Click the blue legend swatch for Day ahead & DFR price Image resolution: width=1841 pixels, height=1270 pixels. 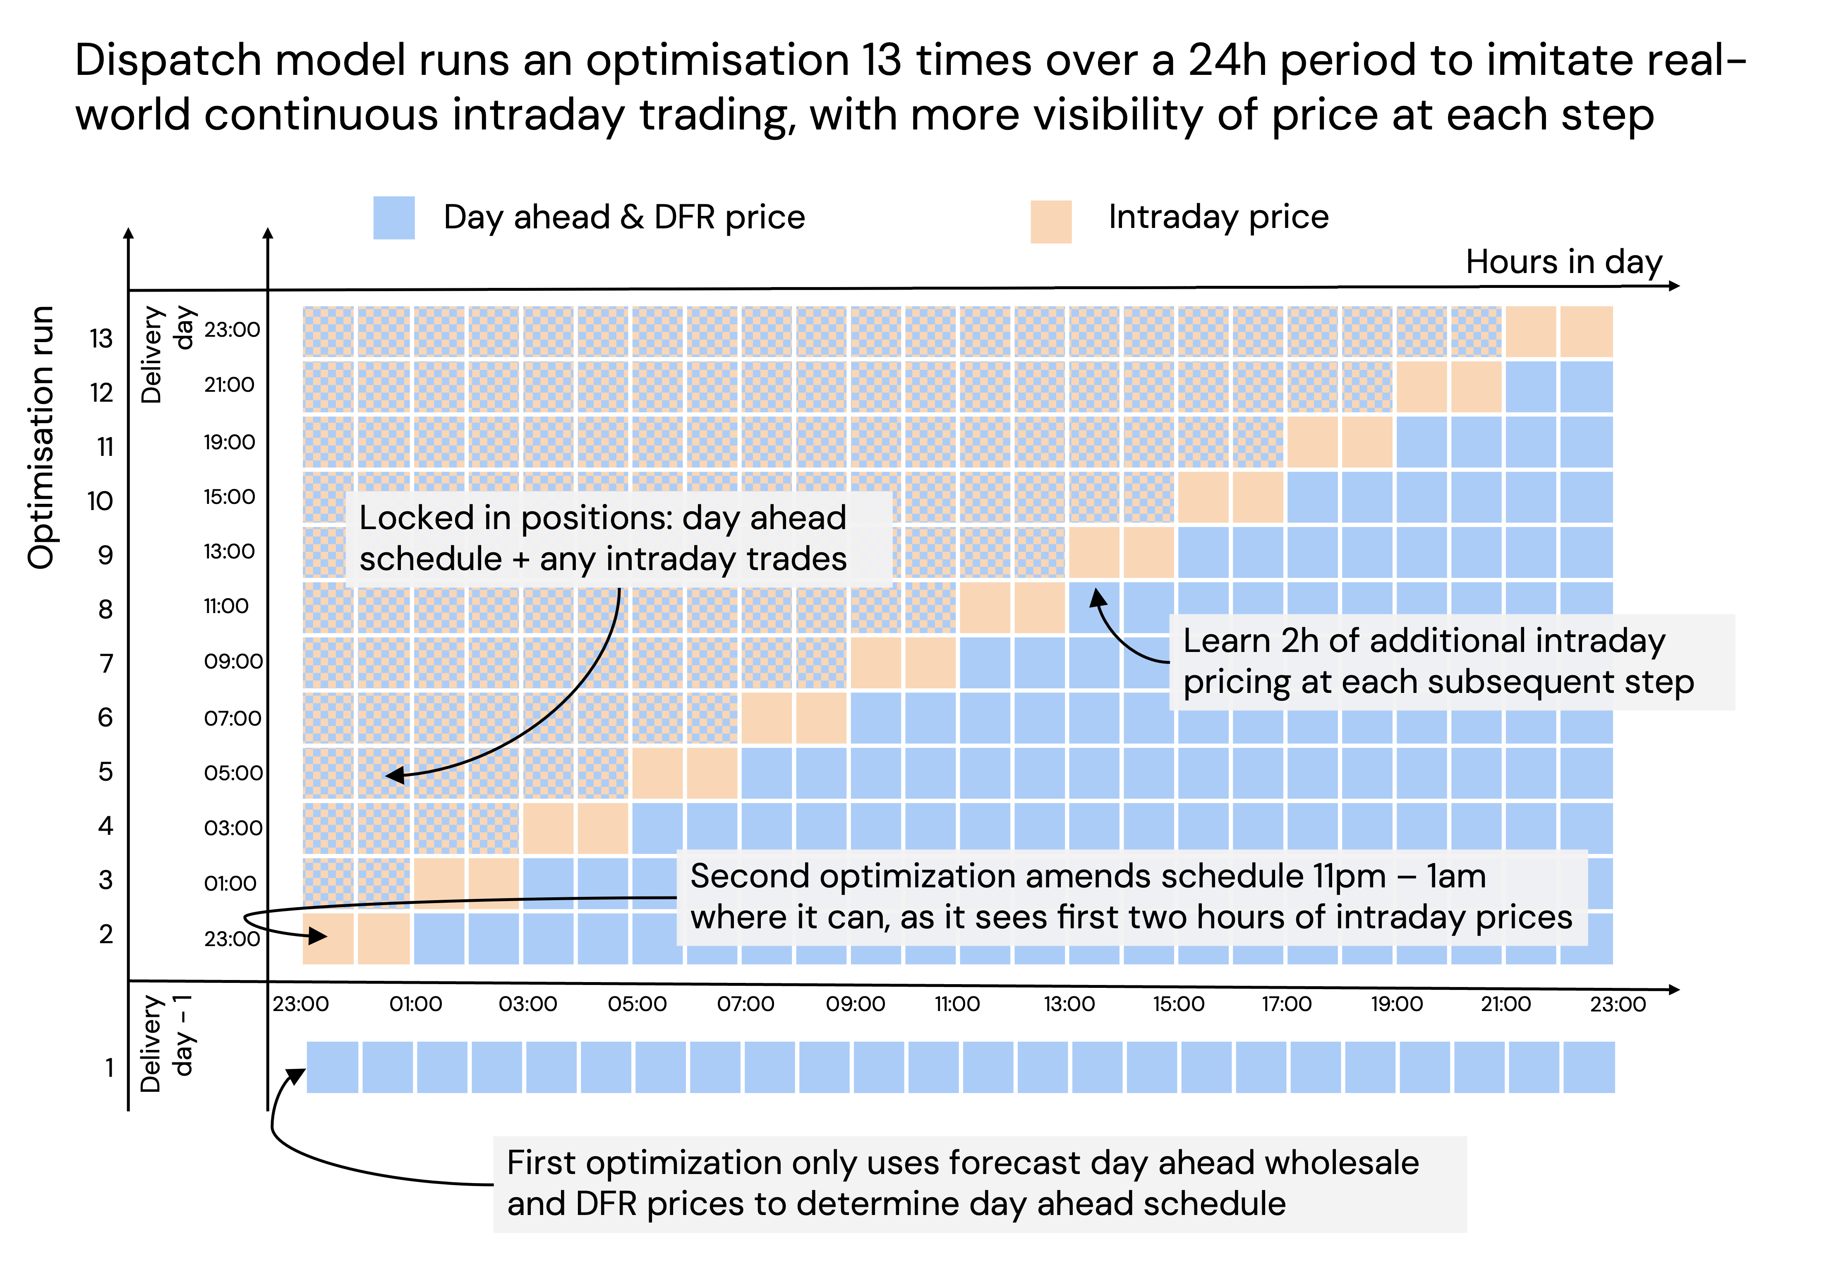click(x=394, y=217)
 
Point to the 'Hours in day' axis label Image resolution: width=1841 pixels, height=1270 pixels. click(x=1563, y=262)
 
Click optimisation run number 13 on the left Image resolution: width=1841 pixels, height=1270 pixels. click(x=101, y=338)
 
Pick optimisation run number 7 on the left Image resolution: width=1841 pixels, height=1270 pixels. click(x=106, y=663)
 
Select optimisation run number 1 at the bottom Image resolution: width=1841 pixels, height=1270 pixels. click(x=109, y=1067)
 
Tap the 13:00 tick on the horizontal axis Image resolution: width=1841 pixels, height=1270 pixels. click(x=1069, y=1004)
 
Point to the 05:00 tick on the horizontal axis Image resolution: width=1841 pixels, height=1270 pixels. click(x=636, y=1004)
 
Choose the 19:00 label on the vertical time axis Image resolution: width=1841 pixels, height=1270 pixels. click(x=229, y=442)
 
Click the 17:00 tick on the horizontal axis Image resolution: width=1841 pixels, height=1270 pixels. click(x=1286, y=1004)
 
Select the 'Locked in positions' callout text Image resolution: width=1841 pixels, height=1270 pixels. click(x=603, y=539)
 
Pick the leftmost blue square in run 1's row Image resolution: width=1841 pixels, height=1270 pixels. click(x=332, y=1067)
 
